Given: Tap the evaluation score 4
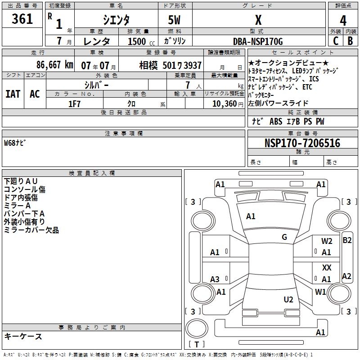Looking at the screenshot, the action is tap(343, 21).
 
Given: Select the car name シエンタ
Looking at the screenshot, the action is tap(116, 20).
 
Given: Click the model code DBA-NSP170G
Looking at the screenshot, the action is tap(258, 41).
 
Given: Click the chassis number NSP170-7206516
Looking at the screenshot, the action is tap(302, 143).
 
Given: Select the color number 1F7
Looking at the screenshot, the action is tap(74, 104).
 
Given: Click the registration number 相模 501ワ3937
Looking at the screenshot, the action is tap(171, 65).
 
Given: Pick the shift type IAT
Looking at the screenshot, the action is tap(13, 94).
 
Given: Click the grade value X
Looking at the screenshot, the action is tap(258, 20).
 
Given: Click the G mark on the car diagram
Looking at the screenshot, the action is tap(284, 237).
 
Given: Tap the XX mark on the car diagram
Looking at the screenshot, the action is tap(327, 268).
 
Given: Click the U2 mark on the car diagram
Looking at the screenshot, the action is tap(288, 299).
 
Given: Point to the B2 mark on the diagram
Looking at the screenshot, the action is tap(347, 240).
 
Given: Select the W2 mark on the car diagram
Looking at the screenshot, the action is tap(327, 241).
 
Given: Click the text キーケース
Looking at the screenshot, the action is tap(23, 336).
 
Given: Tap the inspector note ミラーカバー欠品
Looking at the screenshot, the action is tap(31, 230).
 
